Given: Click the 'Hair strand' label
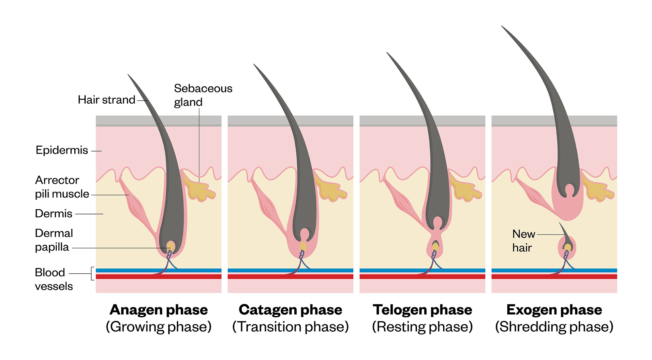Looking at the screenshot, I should point(106,100).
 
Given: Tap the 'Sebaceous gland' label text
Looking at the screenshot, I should point(203,95).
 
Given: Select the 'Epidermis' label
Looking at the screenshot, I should point(62,150).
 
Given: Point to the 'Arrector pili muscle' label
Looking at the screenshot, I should point(62,187).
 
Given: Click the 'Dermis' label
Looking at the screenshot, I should point(53,214).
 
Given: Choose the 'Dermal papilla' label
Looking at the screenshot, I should point(54,240).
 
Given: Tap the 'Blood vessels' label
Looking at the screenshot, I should point(53,279).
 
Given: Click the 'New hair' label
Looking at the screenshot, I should point(524,241).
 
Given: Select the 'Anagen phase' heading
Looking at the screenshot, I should point(158,310).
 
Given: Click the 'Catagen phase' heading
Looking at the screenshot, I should point(290,310).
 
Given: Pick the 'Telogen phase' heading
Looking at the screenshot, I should point(422,310).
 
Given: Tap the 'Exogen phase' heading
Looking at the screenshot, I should point(554,310).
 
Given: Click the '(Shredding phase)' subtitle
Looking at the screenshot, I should point(554,327).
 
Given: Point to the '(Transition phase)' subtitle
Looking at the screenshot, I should point(290,327).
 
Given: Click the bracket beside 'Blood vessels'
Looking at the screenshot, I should point(93,274).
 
